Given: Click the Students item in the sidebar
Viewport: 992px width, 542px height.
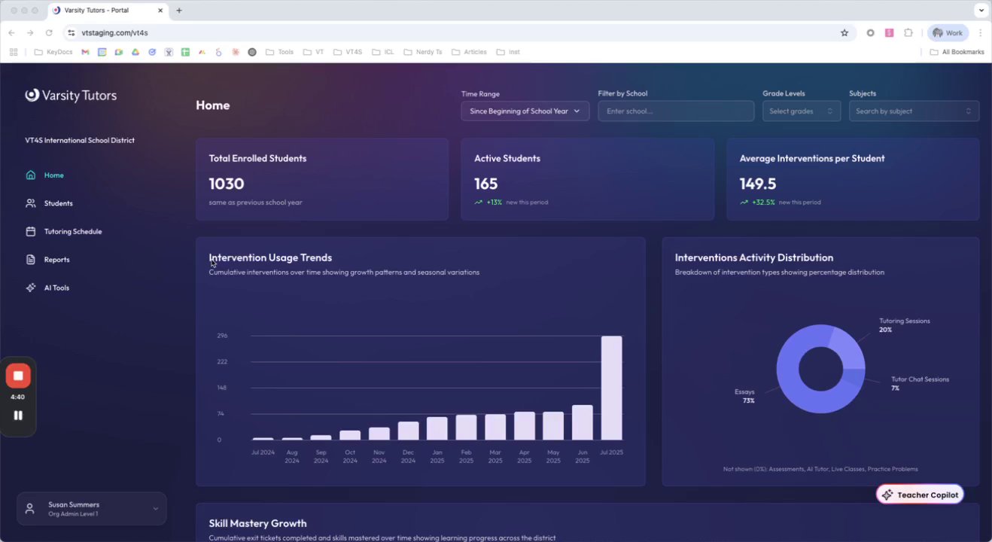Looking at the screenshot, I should click(x=58, y=203).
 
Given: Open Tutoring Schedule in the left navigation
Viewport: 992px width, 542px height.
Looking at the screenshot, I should click(x=72, y=232).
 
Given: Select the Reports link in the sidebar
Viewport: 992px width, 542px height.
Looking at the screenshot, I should click(x=56, y=260).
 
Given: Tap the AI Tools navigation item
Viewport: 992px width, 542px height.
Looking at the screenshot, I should click(x=56, y=288).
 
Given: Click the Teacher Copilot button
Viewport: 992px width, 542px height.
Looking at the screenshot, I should click(x=920, y=495).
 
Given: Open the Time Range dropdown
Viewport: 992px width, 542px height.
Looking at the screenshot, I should click(x=525, y=111).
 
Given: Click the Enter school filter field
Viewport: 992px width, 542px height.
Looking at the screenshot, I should click(x=675, y=111).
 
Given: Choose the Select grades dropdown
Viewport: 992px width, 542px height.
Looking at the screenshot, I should click(x=801, y=111).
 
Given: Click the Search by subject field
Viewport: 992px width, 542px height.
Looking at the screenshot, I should click(x=913, y=111).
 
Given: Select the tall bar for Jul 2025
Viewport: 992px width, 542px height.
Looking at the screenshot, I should click(x=611, y=388).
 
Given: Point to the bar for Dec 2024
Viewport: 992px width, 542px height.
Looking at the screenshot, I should click(x=408, y=431).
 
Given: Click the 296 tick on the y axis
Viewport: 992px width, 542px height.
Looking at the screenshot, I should click(x=222, y=336).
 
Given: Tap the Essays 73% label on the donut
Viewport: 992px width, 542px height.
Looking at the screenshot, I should click(x=744, y=396).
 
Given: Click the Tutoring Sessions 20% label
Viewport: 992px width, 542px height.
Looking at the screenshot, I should click(x=904, y=325).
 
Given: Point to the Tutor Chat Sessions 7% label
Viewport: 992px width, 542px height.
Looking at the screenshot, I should click(x=919, y=383).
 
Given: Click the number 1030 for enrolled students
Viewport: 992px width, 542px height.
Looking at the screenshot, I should click(x=227, y=184).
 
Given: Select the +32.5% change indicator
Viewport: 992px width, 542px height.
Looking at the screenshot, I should click(x=762, y=202).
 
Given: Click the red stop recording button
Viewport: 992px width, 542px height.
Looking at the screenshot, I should click(x=18, y=376).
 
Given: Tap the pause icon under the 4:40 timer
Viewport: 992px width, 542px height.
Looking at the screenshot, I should click(x=18, y=415).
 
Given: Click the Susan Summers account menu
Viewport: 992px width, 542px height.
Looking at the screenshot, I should click(x=91, y=509).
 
